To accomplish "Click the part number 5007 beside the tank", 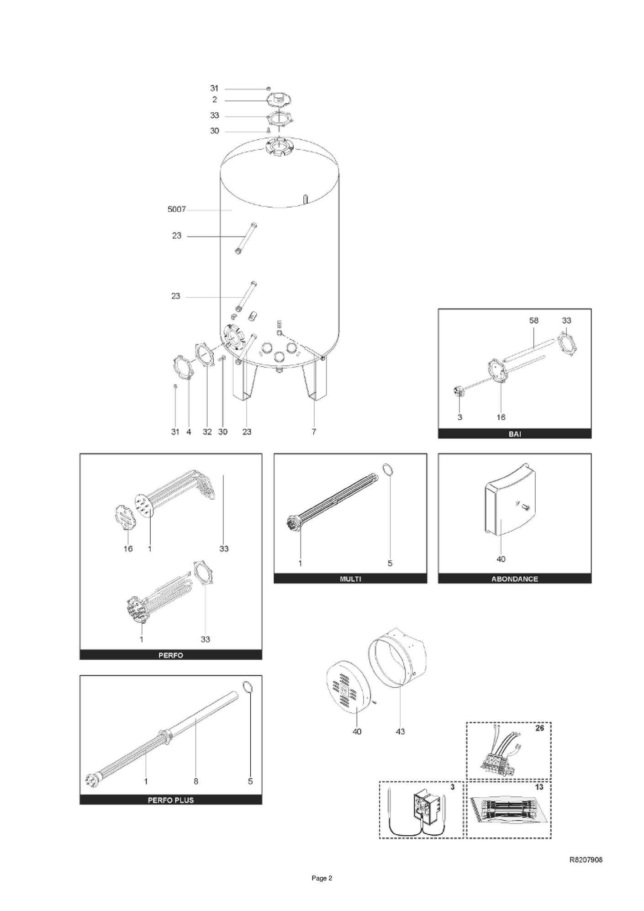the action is (177, 209).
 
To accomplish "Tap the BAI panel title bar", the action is (515, 434).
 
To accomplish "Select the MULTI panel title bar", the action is (350, 579).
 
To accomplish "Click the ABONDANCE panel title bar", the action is (515, 579).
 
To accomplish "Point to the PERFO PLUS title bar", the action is (171, 800).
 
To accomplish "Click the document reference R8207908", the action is (586, 859).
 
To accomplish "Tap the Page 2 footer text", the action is (322, 878).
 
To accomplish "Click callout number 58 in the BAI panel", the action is (533, 321).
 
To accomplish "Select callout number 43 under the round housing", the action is (400, 731).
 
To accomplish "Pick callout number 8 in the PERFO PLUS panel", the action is (196, 781).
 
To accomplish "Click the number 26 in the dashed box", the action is (539, 728).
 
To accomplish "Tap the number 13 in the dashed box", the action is (539, 787).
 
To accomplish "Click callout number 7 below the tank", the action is (314, 432).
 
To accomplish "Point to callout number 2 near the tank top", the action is (215, 100).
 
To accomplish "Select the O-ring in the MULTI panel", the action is (387, 469).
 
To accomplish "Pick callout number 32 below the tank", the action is (207, 432).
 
